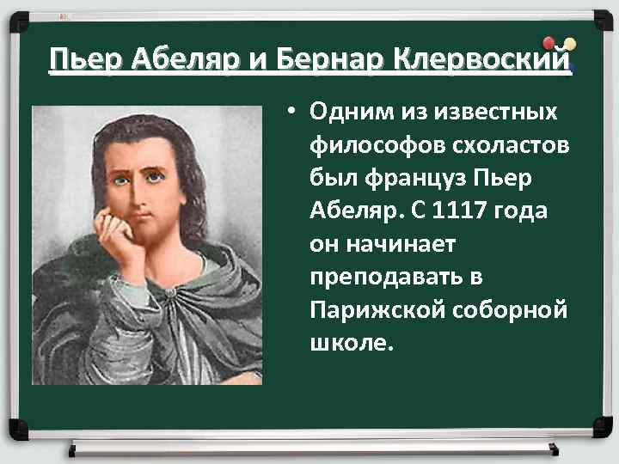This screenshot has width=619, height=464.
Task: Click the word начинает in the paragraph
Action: [408, 244]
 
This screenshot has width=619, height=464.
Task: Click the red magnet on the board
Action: [549, 43]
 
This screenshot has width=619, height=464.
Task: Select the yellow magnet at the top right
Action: [569, 43]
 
